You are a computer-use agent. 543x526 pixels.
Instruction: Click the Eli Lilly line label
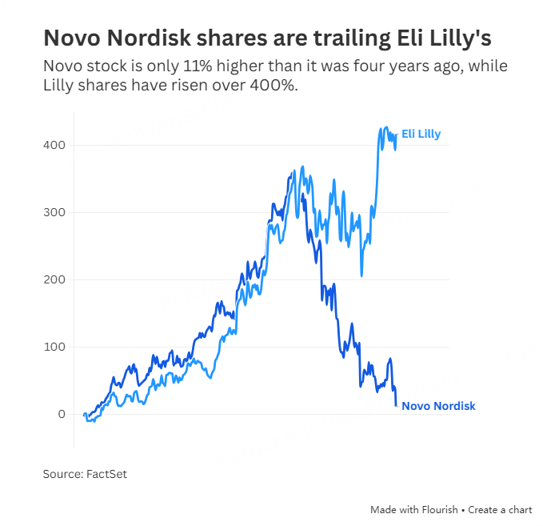coord(421,135)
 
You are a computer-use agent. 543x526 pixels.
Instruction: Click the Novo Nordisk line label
coord(438,406)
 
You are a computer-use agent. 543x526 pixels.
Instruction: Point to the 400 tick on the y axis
coord(54,145)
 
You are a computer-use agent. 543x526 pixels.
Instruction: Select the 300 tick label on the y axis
coord(54,212)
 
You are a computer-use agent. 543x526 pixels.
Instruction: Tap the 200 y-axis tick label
coord(54,279)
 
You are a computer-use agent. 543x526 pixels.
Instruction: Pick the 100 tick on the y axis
coord(54,347)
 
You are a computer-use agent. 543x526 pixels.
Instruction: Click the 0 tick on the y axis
coord(61,414)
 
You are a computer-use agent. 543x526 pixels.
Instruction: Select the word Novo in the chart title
coord(71,38)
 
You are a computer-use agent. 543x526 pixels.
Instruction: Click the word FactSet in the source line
coord(106,474)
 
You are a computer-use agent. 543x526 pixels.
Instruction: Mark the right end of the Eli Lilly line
coord(397,135)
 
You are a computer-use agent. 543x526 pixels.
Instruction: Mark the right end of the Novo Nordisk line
coord(397,405)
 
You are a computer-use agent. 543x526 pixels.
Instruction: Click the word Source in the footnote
coord(62,474)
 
